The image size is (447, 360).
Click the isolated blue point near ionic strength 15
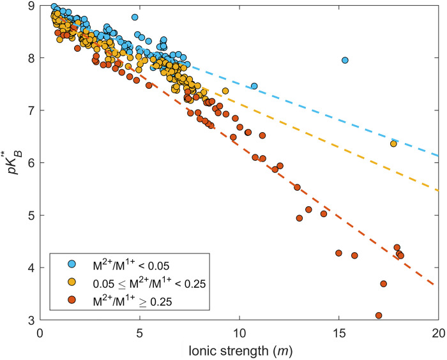345,60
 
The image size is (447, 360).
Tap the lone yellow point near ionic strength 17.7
393,144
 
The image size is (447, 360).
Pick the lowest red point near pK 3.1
379,315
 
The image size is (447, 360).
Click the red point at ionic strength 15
338,253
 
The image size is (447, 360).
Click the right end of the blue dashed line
438,155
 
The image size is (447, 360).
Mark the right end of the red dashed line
438,285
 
